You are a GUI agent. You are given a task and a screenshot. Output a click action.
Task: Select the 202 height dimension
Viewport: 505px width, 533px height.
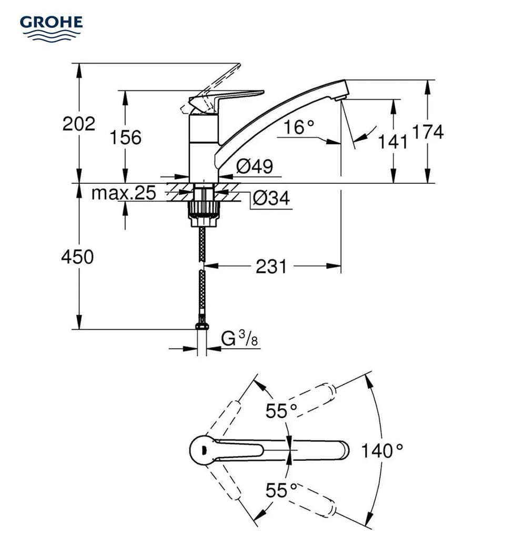coord(79,124)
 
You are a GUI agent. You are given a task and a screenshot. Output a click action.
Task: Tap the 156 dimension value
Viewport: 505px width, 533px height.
coord(125,137)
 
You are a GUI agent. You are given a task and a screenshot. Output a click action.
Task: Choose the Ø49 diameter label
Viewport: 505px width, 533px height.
coord(254,167)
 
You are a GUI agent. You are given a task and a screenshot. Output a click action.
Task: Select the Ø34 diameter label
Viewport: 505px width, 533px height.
coord(271,198)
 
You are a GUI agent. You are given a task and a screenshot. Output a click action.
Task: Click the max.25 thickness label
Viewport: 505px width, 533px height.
coord(124,193)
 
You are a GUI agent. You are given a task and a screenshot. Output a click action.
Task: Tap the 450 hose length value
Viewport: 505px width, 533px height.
coord(77,257)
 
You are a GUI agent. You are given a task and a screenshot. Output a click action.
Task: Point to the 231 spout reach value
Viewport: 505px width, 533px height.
coord(271,266)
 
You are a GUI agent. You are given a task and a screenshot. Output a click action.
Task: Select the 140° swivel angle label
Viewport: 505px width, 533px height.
coord(382,451)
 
